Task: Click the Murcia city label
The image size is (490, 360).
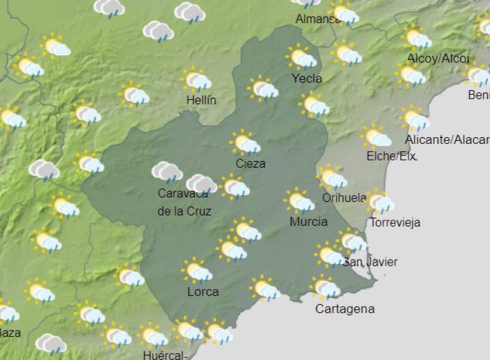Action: coord(308,222)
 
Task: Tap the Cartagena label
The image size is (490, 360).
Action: coord(344,309)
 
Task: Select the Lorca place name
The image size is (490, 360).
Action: coord(203,291)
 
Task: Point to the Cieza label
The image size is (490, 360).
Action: coord(251,163)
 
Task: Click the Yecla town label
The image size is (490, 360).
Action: coord(307,78)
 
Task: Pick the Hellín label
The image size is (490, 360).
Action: coord(202,100)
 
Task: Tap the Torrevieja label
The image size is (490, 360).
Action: coord(395,222)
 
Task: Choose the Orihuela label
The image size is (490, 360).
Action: coord(344,198)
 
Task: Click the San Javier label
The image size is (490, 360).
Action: coord(370,262)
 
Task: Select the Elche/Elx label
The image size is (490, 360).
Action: coord(391,156)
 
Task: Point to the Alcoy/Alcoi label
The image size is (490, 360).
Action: coord(438,59)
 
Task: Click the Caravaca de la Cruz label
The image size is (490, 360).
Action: coord(184,202)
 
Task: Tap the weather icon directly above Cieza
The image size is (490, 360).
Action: coord(246,143)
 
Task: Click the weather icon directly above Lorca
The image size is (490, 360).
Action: coord(197,271)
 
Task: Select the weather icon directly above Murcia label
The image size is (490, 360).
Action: coord(300,201)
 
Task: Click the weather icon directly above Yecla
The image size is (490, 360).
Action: coord(301,58)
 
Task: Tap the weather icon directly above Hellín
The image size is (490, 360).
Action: coord(196,80)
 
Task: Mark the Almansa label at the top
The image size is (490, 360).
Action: coord(317,19)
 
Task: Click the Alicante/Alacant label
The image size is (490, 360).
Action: coord(447,140)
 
